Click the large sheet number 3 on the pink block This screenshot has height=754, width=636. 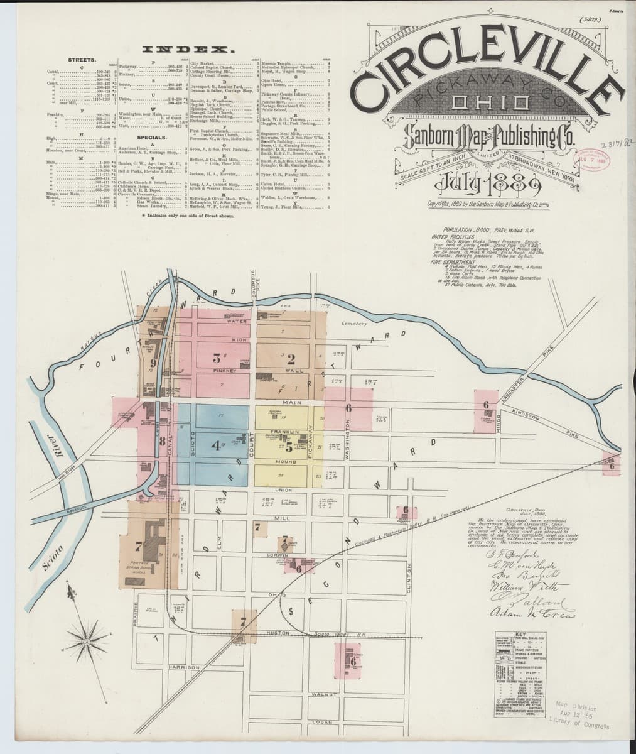pyautogui.click(x=217, y=359)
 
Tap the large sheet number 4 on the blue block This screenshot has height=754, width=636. pyautogui.click(x=217, y=446)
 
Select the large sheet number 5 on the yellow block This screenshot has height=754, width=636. pyautogui.click(x=289, y=448)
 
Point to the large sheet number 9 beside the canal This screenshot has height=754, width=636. pyautogui.click(x=153, y=363)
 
